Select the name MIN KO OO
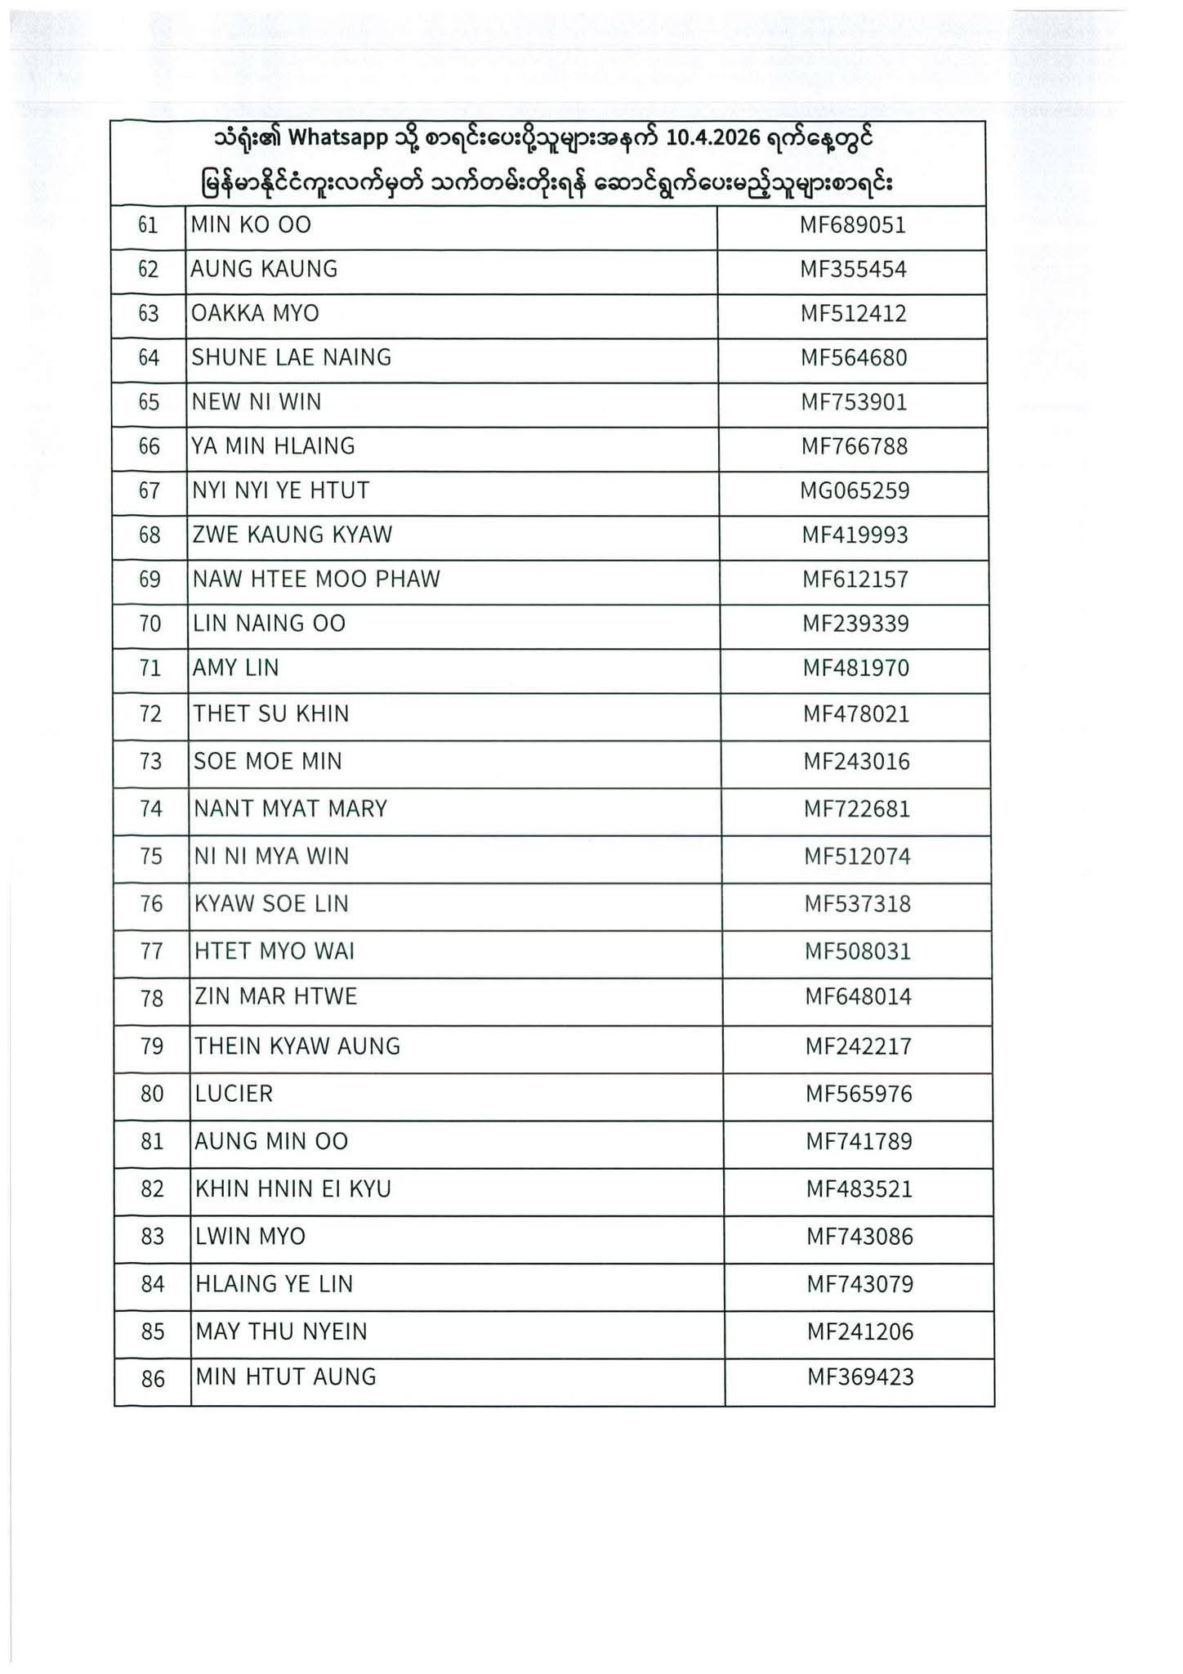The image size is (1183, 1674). coord(251,225)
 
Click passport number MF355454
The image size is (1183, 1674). coord(853,270)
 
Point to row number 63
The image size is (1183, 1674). coord(149,314)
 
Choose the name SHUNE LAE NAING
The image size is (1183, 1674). coord(292,357)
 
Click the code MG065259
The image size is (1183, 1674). coord(855,491)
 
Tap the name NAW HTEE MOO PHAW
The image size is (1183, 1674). coord(316,580)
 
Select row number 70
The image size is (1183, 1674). coord(150,624)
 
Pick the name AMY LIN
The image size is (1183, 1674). coord(236,669)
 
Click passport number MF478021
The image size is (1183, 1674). coord(856,714)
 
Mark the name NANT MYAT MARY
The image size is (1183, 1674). coord(290,809)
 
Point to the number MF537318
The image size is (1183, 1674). coord(858,904)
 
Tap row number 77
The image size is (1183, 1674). coord(152,951)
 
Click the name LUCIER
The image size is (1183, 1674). coord(234,1094)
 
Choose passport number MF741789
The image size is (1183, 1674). coord(859,1142)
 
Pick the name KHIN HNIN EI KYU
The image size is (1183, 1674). coord(293,1189)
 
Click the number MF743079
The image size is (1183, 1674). coord(860,1284)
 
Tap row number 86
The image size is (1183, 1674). coord(154,1380)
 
